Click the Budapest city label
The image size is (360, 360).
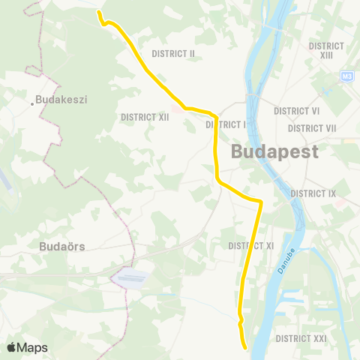274,151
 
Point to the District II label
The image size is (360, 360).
173,54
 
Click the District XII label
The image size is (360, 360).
145,117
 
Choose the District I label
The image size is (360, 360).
226,124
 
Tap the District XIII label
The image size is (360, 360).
326,50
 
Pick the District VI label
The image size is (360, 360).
297,111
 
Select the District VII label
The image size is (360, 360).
312,128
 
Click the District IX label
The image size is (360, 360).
313,193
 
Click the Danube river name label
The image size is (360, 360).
290,259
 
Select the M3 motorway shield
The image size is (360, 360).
346,76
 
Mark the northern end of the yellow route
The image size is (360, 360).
99,12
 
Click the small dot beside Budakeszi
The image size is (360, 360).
34,103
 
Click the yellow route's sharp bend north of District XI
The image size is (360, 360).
260,202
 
